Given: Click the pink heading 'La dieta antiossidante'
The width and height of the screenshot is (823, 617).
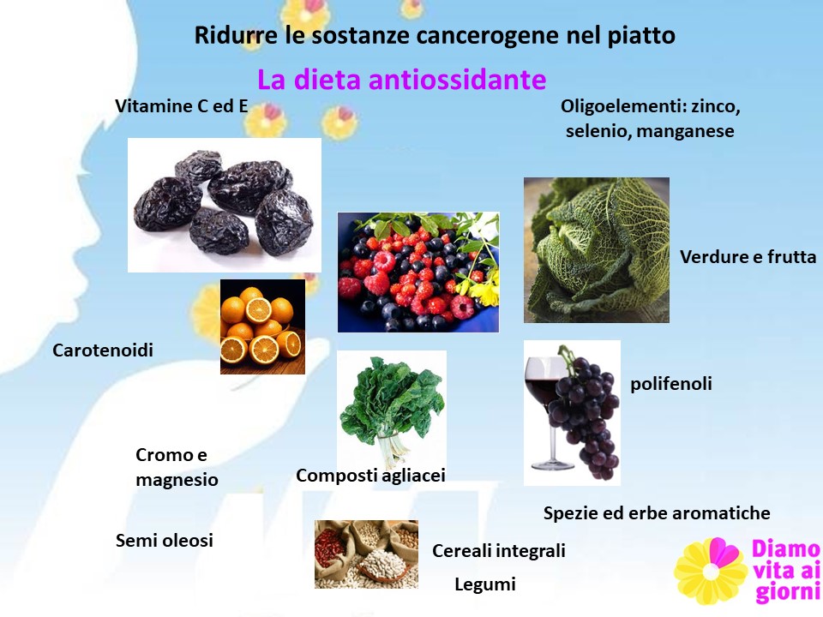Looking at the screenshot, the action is tap(401, 80).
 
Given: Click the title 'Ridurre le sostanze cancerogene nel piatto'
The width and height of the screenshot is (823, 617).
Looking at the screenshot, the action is tap(435, 36).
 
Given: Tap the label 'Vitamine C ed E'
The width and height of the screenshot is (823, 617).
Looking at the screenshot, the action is tap(182, 106).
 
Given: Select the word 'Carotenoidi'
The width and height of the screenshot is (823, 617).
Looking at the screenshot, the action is tap(103, 350).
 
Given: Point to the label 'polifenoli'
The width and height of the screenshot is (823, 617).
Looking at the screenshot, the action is tap(670, 384).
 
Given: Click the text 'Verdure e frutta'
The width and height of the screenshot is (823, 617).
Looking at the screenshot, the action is tap(748, 256).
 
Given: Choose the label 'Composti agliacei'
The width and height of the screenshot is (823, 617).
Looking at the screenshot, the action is tap(370, 476).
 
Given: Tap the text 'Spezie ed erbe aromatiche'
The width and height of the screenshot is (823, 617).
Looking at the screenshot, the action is tap(657, 512).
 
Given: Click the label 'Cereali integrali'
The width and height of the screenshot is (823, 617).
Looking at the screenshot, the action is tap(499, 551).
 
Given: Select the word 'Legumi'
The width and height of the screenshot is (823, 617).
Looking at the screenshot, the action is tap(485, 584).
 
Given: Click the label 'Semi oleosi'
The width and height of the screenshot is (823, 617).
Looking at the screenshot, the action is tap(165, 541).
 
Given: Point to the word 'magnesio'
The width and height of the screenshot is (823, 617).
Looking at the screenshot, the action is tap(177, 480).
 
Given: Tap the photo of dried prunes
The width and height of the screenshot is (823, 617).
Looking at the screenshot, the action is tap(224, 205).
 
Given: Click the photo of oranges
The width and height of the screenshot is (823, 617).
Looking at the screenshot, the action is tap(262, 326).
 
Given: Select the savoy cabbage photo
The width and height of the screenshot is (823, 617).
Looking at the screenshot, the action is tap(597, 249).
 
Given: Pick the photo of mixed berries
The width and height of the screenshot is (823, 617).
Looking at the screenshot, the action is tap(418, 273).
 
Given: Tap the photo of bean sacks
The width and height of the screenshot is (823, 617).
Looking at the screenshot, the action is tap(366, 554).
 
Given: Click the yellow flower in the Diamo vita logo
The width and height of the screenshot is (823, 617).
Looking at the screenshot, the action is tap(710, 571).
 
